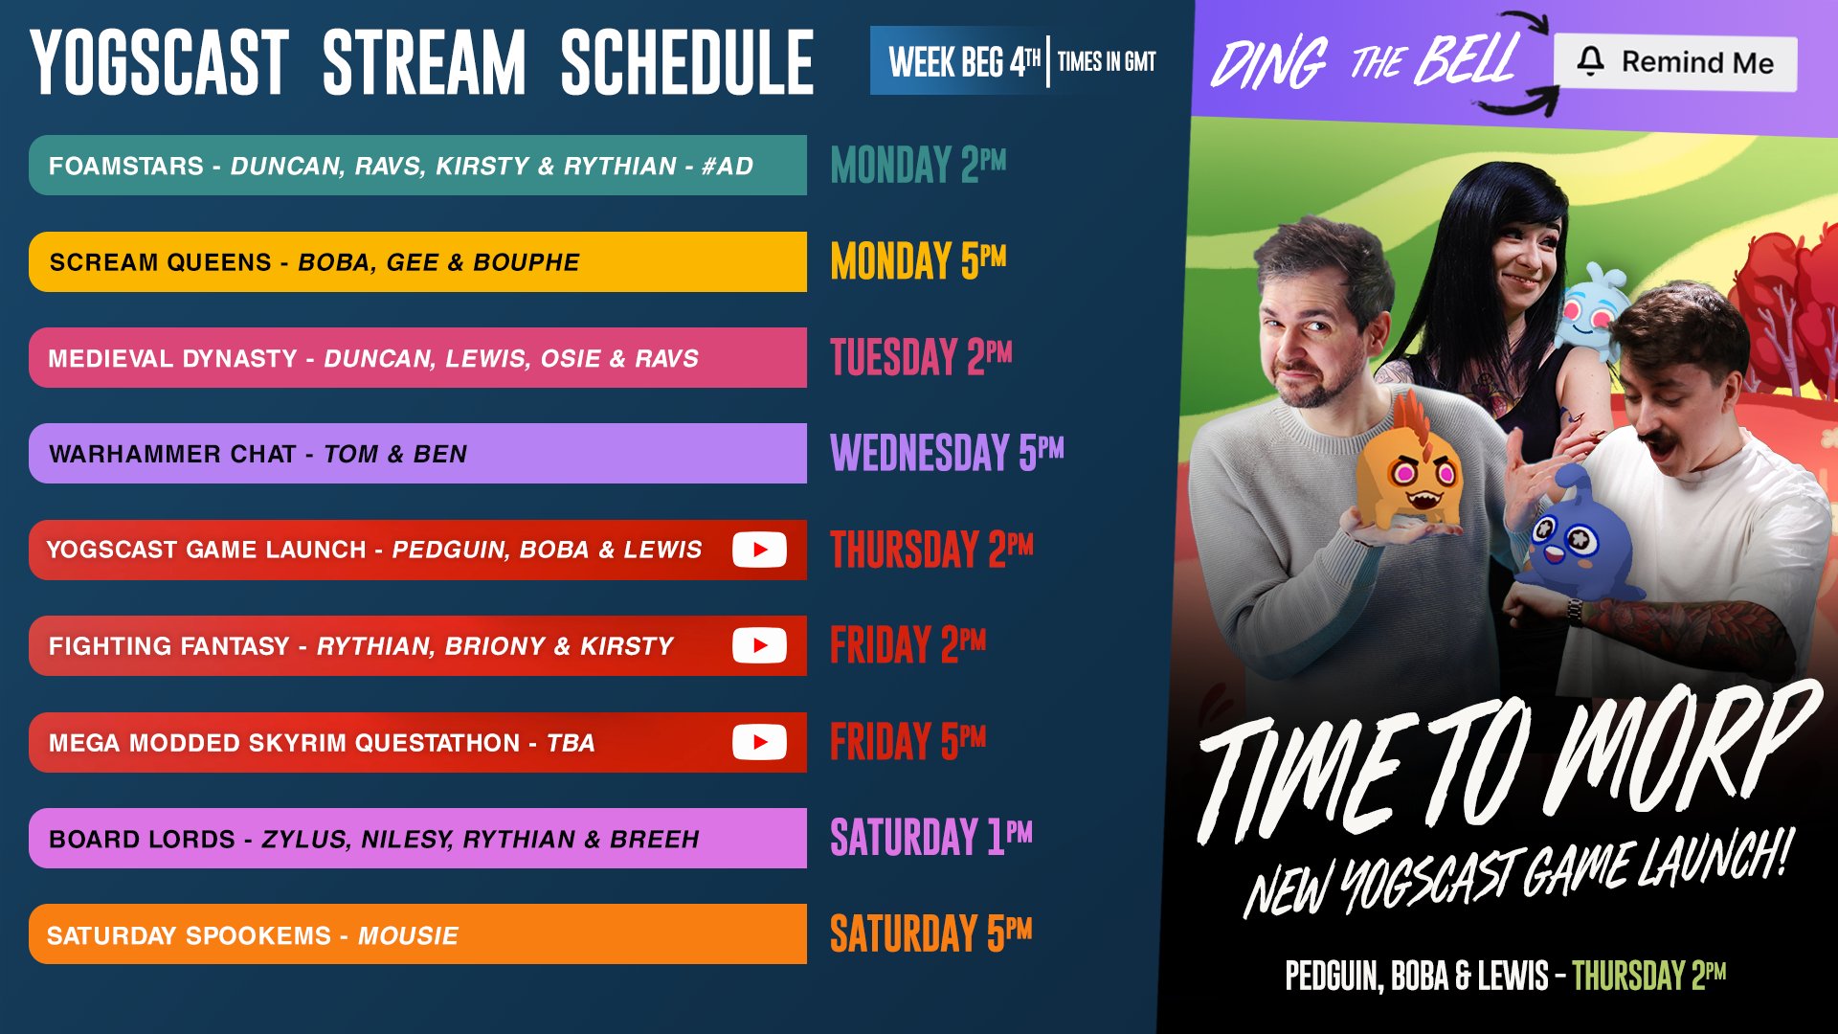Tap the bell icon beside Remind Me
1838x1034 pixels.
(1590, 61)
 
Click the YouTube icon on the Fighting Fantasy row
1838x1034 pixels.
(759, 645)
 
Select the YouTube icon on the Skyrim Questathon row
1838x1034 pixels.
(759, 742)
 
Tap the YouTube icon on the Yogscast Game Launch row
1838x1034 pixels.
(759, 550)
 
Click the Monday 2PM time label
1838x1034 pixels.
(917, 165)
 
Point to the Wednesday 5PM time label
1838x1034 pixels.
(946, 453)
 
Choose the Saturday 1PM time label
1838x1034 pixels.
(930, 838)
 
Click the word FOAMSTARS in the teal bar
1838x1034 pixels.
(126, 166)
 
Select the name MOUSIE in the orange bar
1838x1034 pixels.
(408, 935)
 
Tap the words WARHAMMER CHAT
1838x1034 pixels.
(172, 454)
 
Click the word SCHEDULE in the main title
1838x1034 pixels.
(686, 63)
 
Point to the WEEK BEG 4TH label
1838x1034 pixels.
(963, 62)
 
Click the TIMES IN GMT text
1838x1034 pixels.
(1107, 62)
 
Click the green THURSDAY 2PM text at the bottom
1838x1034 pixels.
(1648, 976)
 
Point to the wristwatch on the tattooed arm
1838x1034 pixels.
(1574, 609)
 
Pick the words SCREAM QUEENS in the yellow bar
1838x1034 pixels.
(161, 262)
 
